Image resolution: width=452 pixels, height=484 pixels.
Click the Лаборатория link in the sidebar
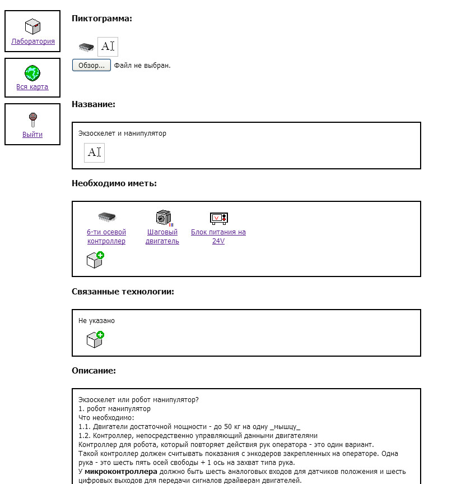[x=33, y=41]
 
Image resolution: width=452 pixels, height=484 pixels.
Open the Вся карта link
[x=32, y=87]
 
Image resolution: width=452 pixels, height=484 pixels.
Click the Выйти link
[x=32, y=134]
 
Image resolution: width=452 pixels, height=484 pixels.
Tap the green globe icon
[x=32, y=73]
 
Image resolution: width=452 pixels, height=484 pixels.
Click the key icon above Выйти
[x=32, y=120]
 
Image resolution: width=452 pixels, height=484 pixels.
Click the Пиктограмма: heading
[x=102, y=18]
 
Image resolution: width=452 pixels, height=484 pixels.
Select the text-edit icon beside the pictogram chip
[x=108, y=47]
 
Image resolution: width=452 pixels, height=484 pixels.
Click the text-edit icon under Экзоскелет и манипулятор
[x=94, y=153]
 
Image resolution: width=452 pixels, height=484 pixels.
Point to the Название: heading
[x=94, y=104]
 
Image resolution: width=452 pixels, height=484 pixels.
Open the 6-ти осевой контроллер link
[x=106, y=237]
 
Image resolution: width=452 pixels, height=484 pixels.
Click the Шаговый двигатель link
[x=162, y=237]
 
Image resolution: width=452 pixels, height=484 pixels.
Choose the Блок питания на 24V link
[x=218, y=237]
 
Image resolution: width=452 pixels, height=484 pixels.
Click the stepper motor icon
[x=163, y=218]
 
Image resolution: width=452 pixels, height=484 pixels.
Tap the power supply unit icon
[x=218, y=218]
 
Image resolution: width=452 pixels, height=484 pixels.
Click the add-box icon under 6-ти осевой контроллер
[x=95, y=260]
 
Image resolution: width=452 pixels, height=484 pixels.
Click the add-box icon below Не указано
[x=95, y=339]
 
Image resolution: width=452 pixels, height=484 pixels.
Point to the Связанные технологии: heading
[x=123, y=292]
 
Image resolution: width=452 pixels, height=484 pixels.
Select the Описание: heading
[x=94, y=371]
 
